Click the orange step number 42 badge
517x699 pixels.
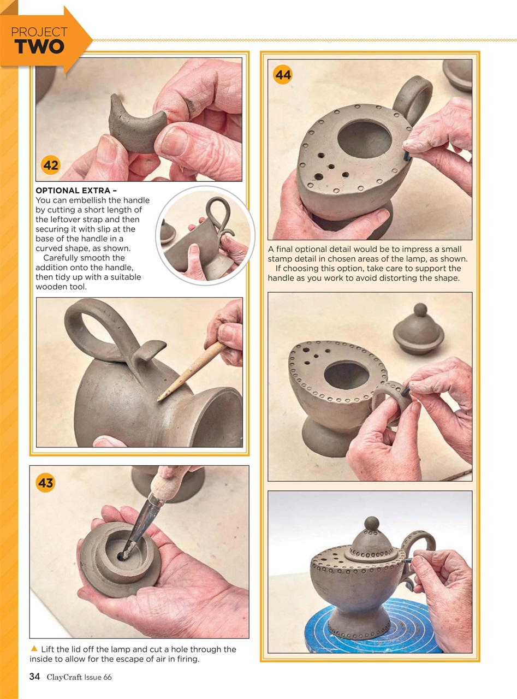(51, 165)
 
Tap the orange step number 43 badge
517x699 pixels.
(45, 482)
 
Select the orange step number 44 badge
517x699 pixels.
(283, 75)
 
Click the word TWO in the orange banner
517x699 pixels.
(39, 47)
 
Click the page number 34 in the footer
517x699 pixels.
(34, 677)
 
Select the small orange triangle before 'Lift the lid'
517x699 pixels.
(34, 649)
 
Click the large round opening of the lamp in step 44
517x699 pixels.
(364, 138)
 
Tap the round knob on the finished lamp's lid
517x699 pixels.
(372, 523)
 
